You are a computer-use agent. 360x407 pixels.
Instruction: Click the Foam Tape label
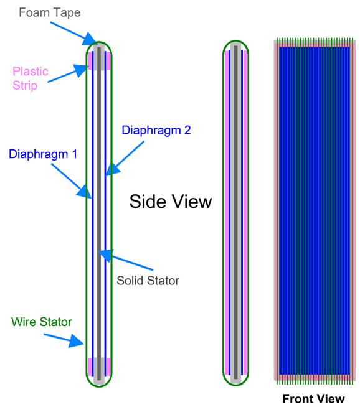pos(50,12)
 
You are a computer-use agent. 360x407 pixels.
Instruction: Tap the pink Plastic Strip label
pos(31,78)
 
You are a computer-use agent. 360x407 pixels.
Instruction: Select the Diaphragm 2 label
pos(156,130)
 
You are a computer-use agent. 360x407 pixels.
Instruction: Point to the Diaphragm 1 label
pos(43,154)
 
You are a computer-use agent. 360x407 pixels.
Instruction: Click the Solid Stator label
pos(148,281)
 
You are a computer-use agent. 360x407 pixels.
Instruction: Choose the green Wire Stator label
pos(42,322)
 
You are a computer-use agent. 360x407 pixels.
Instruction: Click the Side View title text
pos(171,202)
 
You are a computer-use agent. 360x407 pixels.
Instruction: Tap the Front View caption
pos(313,399)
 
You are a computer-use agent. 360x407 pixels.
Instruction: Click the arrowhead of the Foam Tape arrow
pos(91,40)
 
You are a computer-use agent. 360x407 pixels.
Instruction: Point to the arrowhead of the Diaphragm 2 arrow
pos(113,169)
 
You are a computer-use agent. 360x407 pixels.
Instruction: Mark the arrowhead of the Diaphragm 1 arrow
pos(85,192)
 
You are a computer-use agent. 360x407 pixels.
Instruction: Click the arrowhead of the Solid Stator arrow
pos(105,255)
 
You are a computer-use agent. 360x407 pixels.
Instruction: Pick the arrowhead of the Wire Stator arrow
pos(77,341)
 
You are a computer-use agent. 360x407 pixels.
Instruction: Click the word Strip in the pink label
pos(25,86)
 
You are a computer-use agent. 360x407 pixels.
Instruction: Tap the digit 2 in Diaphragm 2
pos(187,130)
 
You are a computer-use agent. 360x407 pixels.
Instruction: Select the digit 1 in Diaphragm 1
pos(75,154)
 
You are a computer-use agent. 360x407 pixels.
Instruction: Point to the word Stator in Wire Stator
pos(56,322)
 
